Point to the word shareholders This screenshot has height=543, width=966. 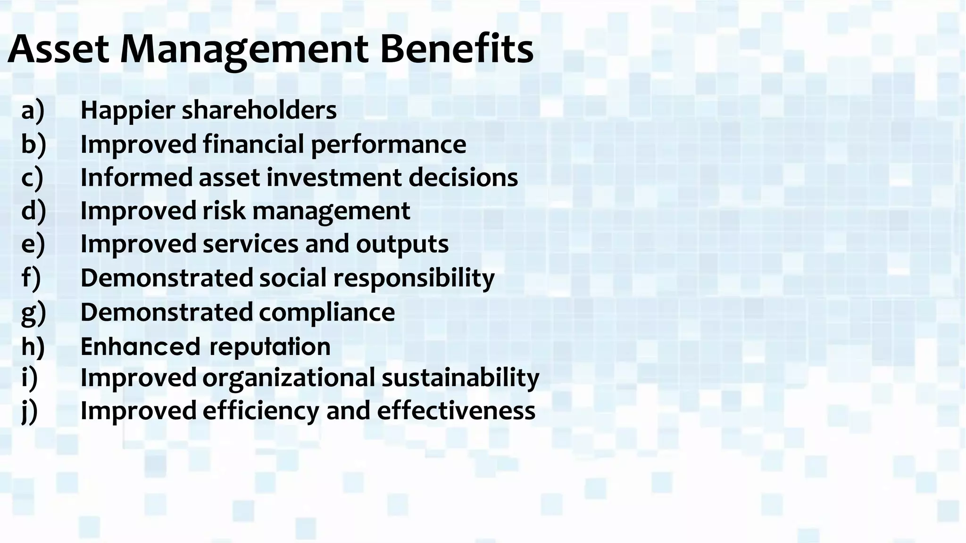[259, 110]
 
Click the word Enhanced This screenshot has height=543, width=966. [141, 347]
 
